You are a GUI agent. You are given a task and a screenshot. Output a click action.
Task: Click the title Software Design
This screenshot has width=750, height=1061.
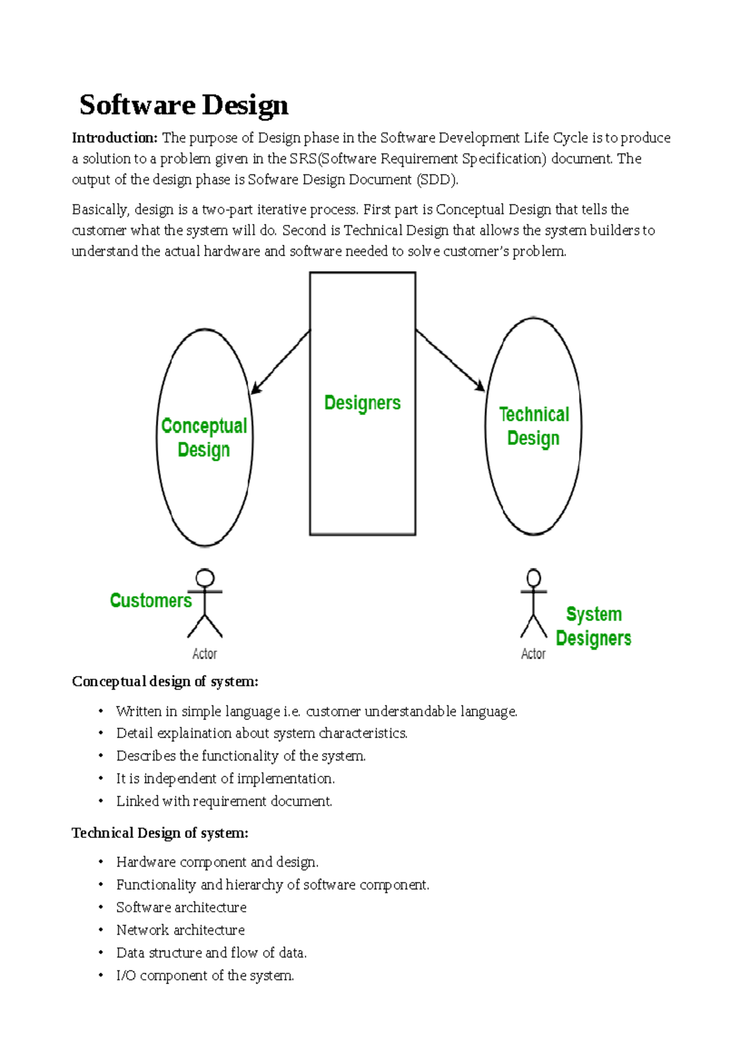tap(184, 105)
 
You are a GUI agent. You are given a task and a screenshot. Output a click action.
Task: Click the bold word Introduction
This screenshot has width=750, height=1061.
tap(114, 138)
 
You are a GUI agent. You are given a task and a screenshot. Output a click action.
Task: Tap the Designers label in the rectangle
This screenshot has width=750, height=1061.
tap(362, 403)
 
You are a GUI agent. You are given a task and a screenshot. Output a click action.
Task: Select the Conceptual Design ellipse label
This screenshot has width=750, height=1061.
tap(204, 437)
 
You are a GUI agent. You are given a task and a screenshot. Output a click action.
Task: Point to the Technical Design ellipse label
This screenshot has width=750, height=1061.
tap(534, 426)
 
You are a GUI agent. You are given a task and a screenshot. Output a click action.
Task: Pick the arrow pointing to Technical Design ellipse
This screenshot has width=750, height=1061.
tap(450, 361)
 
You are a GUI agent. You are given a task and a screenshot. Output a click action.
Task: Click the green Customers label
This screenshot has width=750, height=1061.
tap(151, 600)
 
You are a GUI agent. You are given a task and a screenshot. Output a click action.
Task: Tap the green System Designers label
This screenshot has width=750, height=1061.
tap(593, 626)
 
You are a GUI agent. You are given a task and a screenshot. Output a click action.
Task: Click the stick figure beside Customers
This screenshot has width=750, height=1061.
tap(205, 603)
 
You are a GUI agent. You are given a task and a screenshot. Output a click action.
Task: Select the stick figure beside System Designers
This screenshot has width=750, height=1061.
tap(533, 603)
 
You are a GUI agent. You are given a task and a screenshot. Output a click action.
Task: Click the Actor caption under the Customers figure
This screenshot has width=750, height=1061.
tap(204, 654)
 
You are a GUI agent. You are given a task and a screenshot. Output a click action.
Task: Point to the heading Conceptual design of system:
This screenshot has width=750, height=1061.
tap(165, 682)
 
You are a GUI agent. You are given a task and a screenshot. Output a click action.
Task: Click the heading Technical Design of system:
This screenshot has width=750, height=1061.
tap(160, 833)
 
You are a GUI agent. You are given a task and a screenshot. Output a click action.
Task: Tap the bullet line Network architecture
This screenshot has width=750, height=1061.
tap(180, 930)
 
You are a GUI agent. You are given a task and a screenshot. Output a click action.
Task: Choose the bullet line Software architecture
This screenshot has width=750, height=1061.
tap(181, 907)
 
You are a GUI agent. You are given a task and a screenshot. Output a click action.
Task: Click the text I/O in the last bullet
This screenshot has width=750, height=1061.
tap(126, 976)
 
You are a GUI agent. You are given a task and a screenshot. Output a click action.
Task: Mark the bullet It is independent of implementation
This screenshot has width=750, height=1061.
tap(225, 779)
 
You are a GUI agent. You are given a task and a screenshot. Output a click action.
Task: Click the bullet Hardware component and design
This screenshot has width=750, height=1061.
tap(217, 862)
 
